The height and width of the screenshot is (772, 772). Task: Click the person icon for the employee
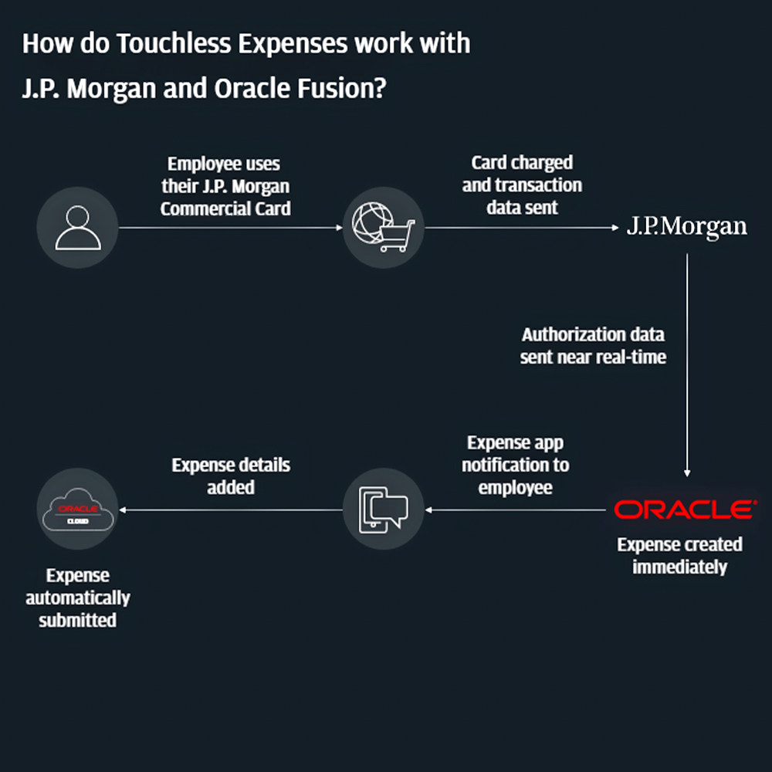point(77,228)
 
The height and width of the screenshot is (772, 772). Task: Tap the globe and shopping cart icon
point(383,228)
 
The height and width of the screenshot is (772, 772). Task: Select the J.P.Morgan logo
point(686,227)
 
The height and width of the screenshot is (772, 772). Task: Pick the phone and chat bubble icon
point(383,510)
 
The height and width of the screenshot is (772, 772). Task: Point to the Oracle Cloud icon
point(77,510)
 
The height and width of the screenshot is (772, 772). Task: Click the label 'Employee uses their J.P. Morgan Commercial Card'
point(225,186)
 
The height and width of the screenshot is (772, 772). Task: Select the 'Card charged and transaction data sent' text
point(522,185)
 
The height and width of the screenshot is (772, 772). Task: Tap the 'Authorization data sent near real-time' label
point(593,346)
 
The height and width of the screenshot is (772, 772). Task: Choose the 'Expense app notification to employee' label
point(515,466)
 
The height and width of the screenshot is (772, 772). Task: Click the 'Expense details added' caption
point(231,476)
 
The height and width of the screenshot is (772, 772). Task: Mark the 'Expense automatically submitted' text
point(77,598)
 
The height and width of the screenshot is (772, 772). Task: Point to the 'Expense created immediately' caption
point(679,555)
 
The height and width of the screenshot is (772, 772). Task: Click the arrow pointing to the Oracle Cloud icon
point(231,510)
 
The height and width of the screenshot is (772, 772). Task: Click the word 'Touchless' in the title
point(172,44)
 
